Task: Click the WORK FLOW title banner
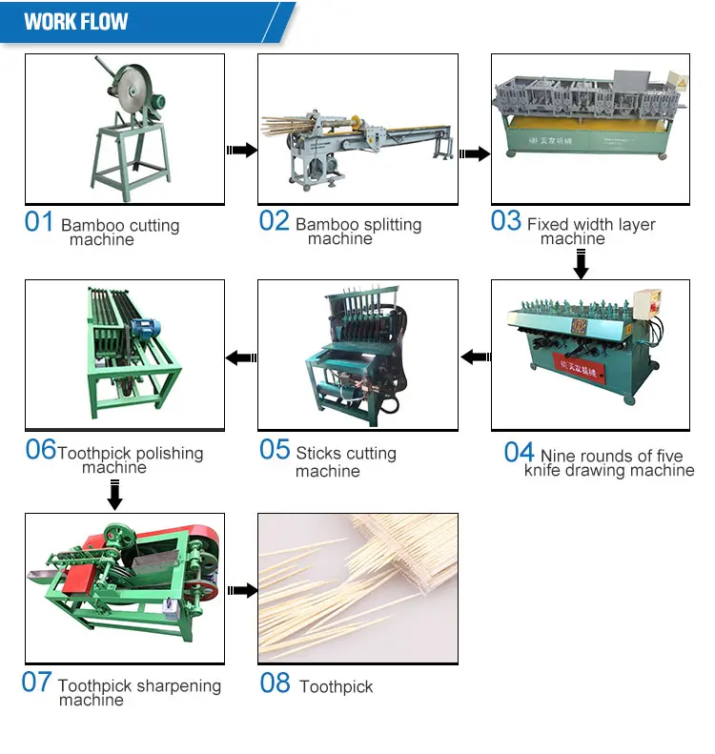pyautogui.click(x=76, y=21)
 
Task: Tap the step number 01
pyautogui.click(x=39, y=222)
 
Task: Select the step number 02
pyautogui.click(x=274, y=221)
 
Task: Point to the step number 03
pyautogui.click(x=506, y=221)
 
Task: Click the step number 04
pyautogui.click(x=519, y=451)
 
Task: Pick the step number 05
pyautogui.click(x=275, y=449)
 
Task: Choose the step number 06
pyautogui.click(x=41, y=449)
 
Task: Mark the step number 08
pyautogui.click(x=275, y=683)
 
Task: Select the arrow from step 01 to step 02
pyautogui.click(x=241, y=150)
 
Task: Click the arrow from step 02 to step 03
pyautogui.click(x=475, y=152)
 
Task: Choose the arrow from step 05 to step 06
pyautogui.click(x=240, y=357)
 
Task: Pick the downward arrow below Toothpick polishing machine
pyautogui.click(x=114, y=495)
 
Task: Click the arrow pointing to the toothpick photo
pyautogui.click(x=241, y=590)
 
